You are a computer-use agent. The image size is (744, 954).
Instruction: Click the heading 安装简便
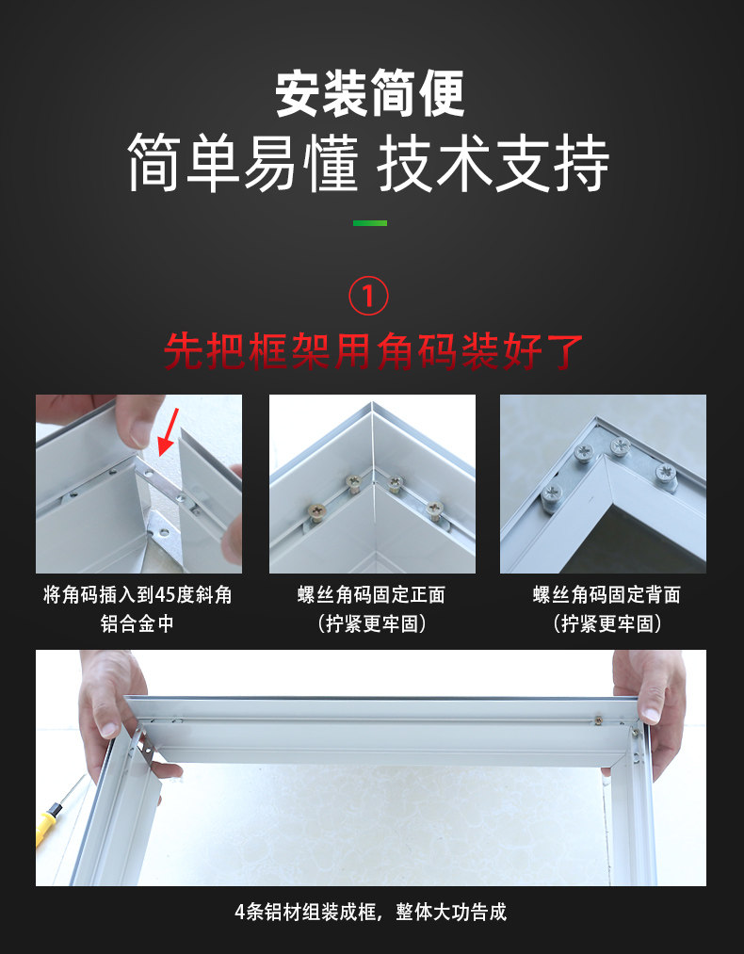[370, 93]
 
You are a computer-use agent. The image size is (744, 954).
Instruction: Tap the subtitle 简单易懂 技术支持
[368, 163]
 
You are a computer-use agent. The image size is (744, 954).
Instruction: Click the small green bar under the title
[370, 223]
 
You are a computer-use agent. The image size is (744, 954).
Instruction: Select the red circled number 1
[368, 296]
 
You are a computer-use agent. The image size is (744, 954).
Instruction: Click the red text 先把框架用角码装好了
[373, 351]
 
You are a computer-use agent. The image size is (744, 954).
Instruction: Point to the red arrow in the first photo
[169, 431]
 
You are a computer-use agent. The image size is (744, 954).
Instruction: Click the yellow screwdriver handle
[47, 824]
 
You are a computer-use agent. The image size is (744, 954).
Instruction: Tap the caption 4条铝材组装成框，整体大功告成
[370, 912]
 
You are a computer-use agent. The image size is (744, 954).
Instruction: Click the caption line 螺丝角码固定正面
[371, 594]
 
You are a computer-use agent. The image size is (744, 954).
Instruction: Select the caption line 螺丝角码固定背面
[607, 594]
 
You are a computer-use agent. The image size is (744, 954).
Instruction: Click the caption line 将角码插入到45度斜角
[137, 594]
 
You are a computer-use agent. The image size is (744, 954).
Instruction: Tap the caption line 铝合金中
[137, 623]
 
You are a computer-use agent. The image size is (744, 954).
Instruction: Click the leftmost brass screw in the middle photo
[317, 511]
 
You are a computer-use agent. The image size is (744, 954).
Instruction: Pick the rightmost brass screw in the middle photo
[434, 509]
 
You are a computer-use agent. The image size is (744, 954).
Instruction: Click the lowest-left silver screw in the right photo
[552, 496]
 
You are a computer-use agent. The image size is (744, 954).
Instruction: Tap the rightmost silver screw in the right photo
[667, 476]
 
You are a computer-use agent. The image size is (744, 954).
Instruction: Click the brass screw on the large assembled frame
[598, 721]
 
